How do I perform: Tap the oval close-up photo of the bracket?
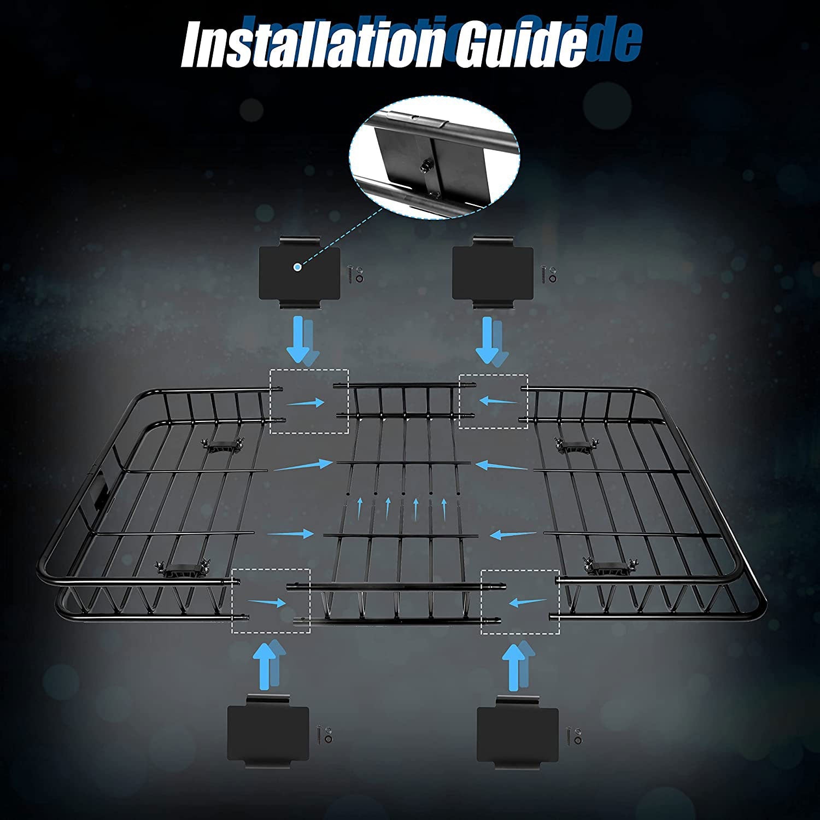435,159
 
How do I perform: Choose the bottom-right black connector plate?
517,734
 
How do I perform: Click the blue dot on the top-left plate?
297,267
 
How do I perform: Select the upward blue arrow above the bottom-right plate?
514,664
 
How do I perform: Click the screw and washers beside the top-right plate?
548,273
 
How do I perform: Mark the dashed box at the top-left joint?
309,402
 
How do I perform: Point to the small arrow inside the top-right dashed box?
497,401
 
